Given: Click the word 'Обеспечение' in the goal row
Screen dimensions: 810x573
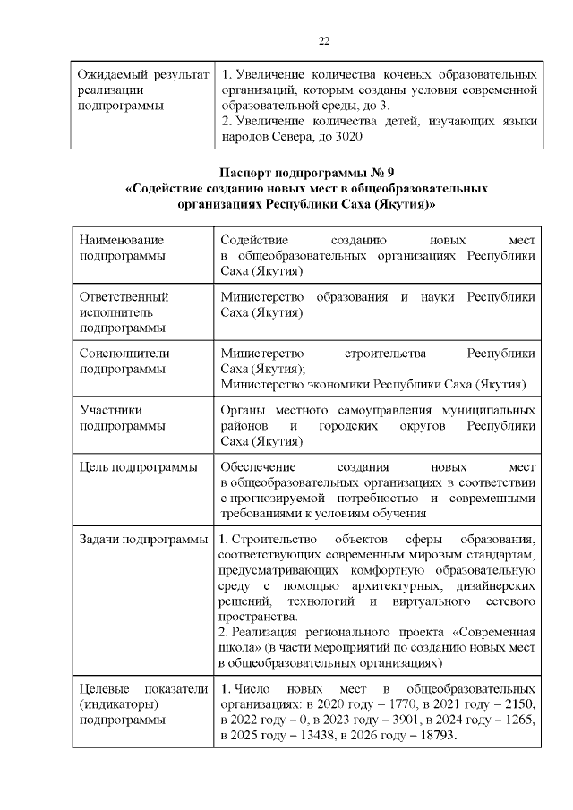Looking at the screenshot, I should [x=258, y=466].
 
